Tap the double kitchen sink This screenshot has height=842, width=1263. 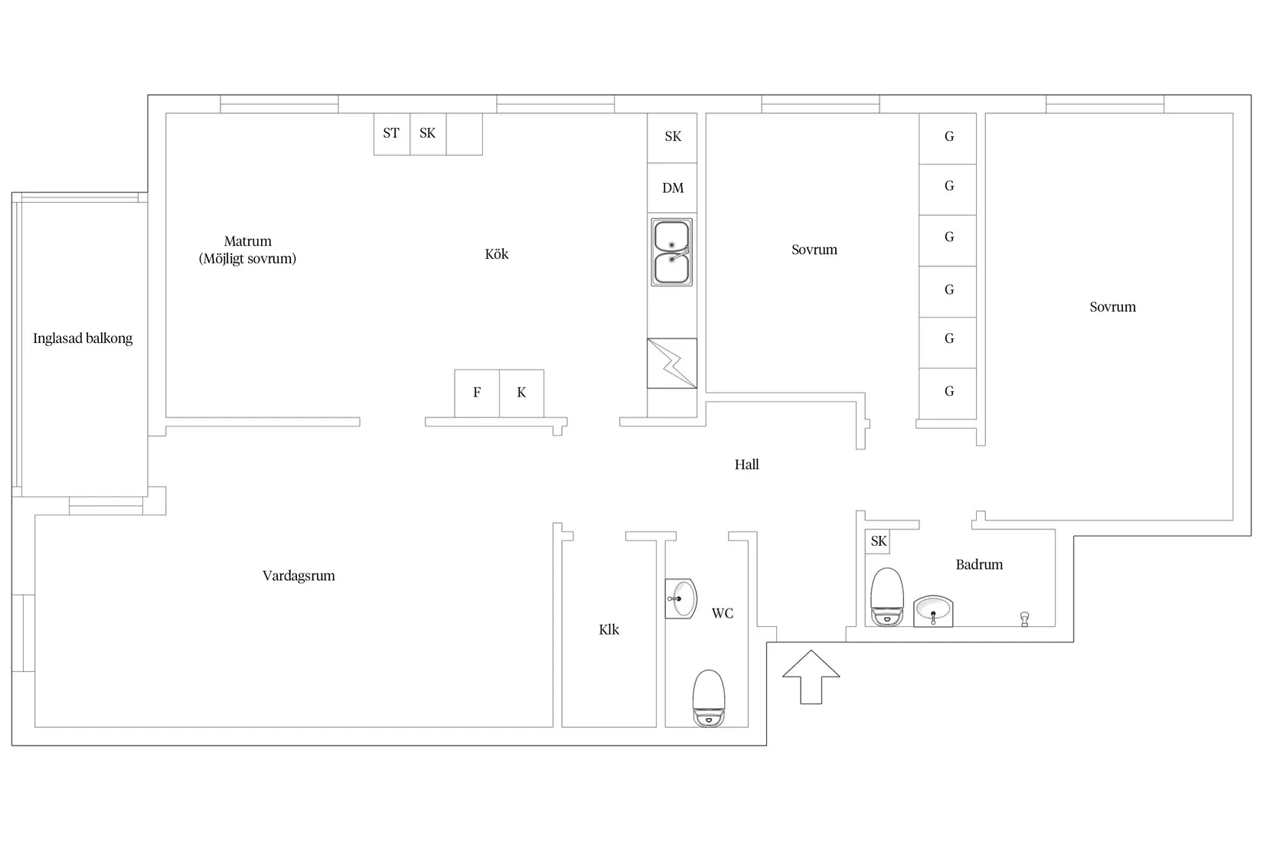[x=671, y=253]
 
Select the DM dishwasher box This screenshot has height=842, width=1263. [x=672, y=188]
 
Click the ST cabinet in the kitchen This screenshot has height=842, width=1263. [x=391, y=134]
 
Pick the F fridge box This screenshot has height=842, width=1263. [x=477, y=393]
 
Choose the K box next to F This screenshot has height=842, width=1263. [x=521, y=393]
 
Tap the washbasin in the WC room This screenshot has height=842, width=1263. [x=680, y=598]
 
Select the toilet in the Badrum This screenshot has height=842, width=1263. [x=887, y=596]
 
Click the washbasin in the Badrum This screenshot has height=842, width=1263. [x=933, y=611]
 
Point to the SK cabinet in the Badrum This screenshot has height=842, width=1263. [x=879, y=542]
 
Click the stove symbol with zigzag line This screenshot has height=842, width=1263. [x=672, y=364]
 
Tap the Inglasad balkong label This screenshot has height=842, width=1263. [x=83, y=338]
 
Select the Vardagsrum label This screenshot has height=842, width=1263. [x=299, y=576]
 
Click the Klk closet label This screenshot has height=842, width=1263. [x=609, y=630]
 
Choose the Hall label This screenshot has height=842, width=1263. [x=746, y=465]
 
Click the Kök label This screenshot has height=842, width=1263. [x=496, y=254]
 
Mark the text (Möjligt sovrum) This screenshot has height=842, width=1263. [x=247, y=259]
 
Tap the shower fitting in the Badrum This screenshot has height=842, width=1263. [x=1024, y=618]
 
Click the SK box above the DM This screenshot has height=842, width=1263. [x=672, y=137]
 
